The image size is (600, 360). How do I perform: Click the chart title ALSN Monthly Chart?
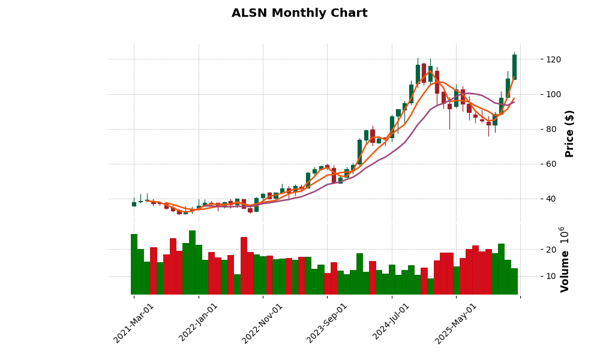(299, 13)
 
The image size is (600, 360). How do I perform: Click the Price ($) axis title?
(569, 133)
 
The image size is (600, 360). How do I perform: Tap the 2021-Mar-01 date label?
(134, 323)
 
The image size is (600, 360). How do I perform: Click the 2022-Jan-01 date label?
(199, 323)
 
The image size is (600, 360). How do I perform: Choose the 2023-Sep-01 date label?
(327, 323)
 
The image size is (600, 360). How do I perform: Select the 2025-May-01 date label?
(456, 323)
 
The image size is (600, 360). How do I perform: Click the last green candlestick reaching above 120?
(514, 67)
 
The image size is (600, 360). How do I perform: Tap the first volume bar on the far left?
(134, 264)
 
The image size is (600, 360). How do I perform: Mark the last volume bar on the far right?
(514, 281)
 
